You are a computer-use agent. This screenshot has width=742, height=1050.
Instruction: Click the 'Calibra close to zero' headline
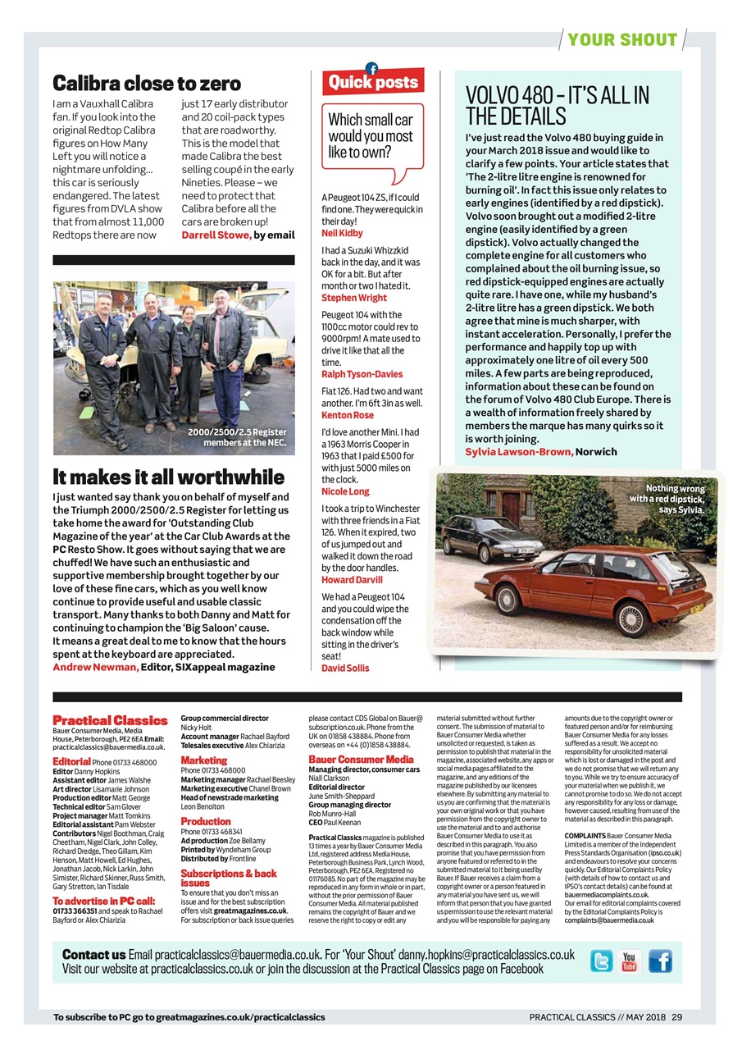[147, 83]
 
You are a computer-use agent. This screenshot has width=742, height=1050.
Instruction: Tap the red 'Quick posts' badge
[373, 82]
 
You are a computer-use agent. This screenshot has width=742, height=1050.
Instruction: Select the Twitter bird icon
[602, 961]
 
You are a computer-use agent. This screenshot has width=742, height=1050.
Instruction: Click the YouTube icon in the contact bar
[630, 961]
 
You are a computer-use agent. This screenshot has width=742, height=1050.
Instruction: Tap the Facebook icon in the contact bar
[659, 961]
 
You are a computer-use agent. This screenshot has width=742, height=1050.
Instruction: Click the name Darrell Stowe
[216, 235]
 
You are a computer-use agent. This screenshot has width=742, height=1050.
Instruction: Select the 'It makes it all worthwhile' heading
[169, 477]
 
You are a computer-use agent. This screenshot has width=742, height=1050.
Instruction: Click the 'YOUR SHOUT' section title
[622, 39]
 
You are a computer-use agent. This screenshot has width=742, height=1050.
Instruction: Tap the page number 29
[676, 1017]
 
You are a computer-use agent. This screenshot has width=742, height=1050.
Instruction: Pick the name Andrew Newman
[95, 667]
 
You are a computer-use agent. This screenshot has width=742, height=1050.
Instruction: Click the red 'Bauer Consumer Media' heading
[361, 760]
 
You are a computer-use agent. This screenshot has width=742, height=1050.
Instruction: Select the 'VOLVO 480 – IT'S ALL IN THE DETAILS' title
[557, 106]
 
